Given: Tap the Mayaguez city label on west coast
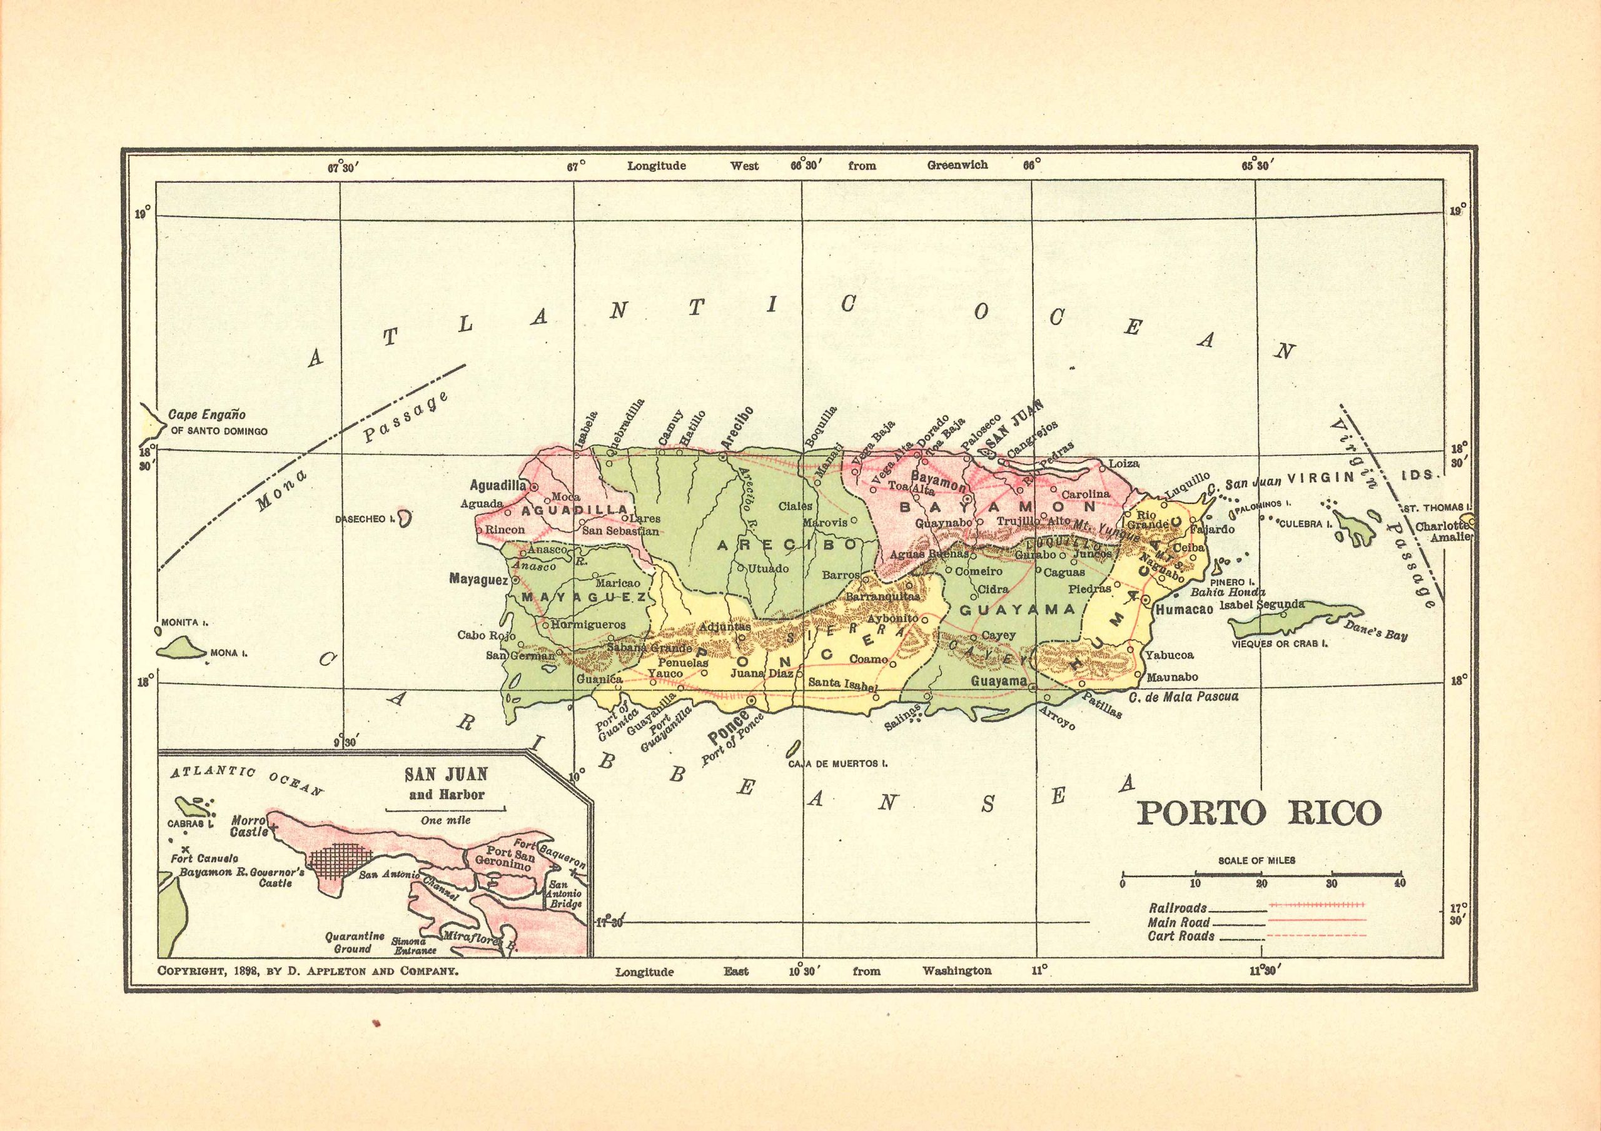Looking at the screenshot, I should pos(479,579).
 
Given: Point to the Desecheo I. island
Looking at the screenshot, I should pos(405,518).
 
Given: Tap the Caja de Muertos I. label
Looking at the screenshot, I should pos(837,763).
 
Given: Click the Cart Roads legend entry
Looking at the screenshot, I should pos(1181,937).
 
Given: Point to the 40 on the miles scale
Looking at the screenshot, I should pos(1400,883).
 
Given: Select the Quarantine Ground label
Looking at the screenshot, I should pos(354,942).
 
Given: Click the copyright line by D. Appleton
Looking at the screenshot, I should pos(308,970).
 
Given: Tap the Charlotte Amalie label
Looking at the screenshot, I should pos(1443,531).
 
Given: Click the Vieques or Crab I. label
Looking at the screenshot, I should pos(1279,643).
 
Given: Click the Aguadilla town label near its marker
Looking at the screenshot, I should pos(497,485).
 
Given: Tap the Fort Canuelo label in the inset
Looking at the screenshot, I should pos(205,858).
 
